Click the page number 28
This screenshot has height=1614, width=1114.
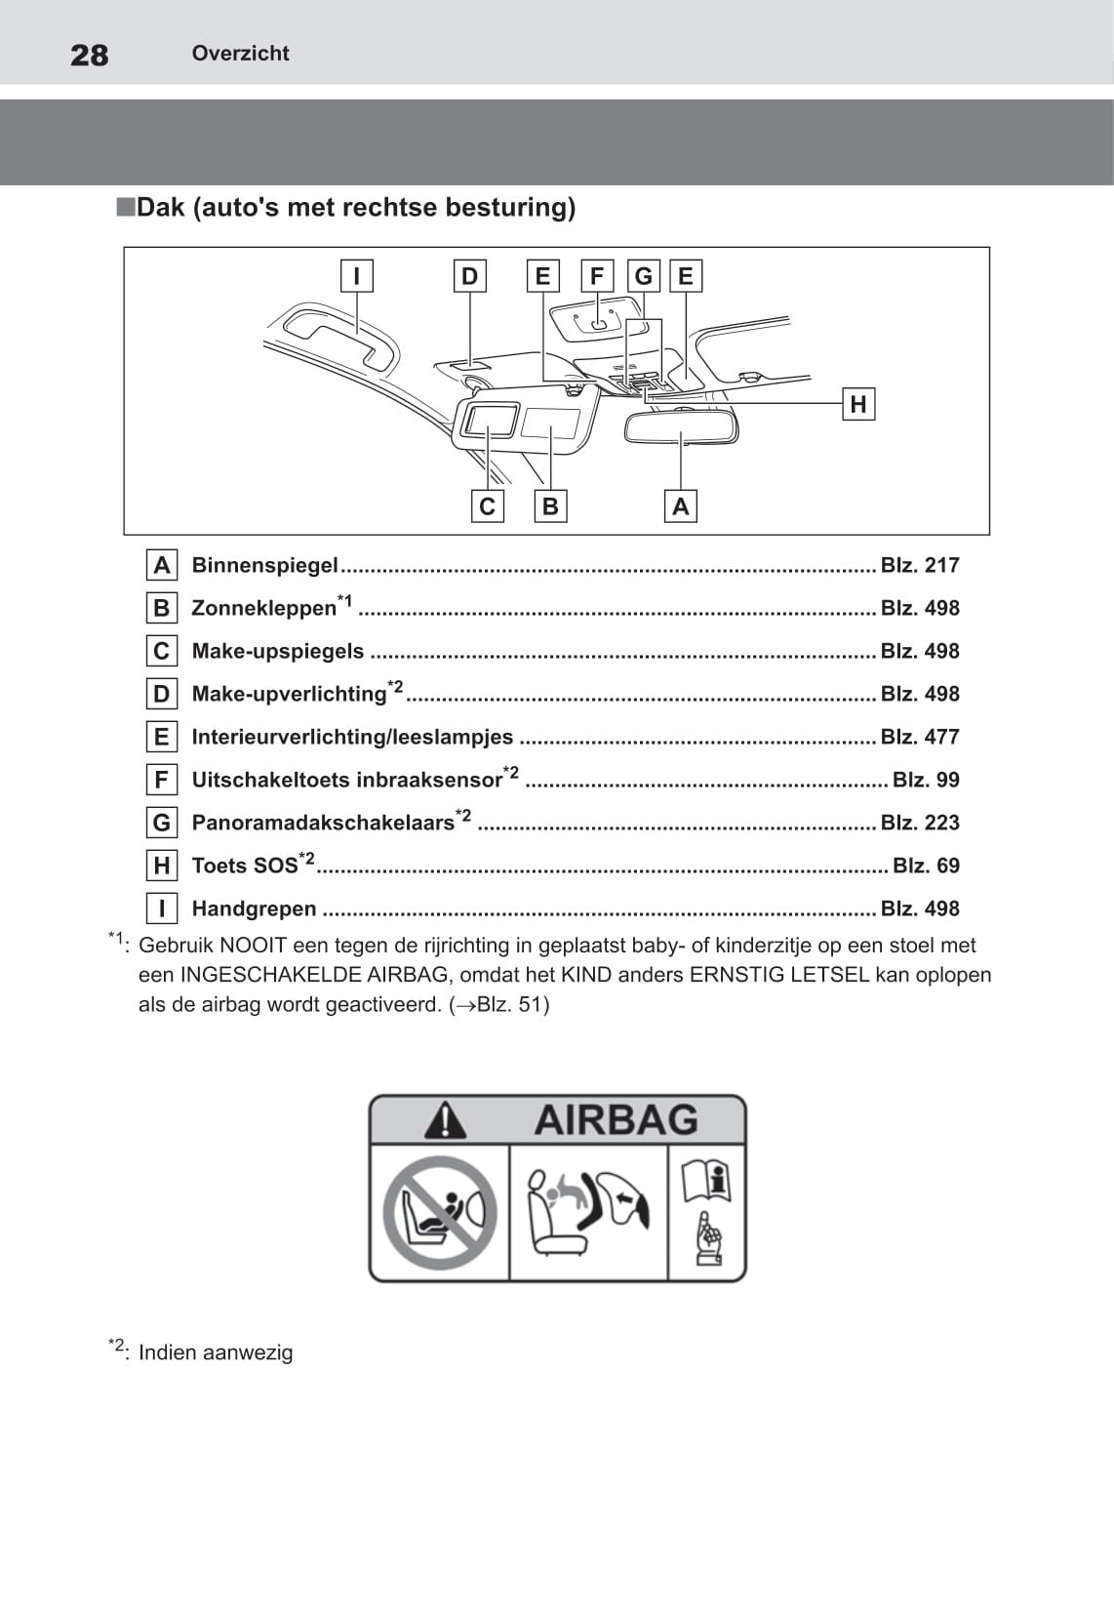tap(90, 55)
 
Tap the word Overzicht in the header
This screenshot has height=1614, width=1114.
tap(240, 54)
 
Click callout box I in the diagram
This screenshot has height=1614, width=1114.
tap(357, 276)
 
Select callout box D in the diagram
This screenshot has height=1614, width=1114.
tap(470, 276)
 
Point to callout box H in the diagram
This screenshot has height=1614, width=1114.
tap(858, 404)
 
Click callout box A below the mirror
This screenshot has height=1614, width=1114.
tap(681, 506)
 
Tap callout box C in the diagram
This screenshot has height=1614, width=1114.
tap(488, 506)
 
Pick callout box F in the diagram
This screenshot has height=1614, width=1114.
tap(597, 276)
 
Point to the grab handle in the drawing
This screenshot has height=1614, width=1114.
tap(337, 337)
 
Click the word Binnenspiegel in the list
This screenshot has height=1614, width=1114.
tap(264, 565)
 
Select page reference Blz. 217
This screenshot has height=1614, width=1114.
tap(920, 565)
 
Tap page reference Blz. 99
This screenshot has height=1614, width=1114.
tap(926, 780)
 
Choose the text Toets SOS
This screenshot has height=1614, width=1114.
tap(245, 866)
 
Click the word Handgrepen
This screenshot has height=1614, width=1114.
tap(254, 908)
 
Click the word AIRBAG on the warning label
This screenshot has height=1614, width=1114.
tap(617, 1120)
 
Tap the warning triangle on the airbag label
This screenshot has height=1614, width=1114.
tap(445, 1120)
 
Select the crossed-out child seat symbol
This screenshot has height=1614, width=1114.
tap(440, 1213)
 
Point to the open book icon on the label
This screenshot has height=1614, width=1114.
tap(706, 1181)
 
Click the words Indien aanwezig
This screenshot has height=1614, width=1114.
tap(216, 1352)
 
